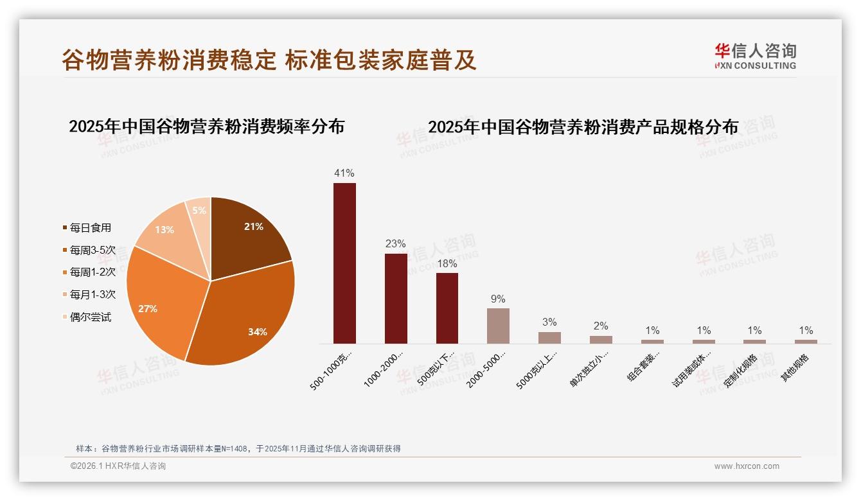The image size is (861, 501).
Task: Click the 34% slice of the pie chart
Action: click(244, 315)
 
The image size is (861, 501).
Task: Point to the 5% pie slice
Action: click(199, 211)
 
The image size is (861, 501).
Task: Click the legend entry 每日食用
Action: click(90, 227)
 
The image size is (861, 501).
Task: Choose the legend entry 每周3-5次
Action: click(93, 250)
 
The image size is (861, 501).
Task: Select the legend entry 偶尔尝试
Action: click(90, 317)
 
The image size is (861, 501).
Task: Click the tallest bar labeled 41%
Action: click(344, 263)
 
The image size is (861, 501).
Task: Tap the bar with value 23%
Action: click(396, 299)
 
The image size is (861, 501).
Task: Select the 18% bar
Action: click(447, 308)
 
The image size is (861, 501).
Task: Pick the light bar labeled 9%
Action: click(498, 326)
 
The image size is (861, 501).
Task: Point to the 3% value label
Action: click(549, 322)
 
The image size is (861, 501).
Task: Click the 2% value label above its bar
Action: click(601, 326)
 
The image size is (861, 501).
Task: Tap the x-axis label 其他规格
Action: click(795, 368)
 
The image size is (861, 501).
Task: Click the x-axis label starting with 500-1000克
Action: click(332, 371)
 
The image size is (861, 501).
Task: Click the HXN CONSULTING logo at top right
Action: click(756, 57)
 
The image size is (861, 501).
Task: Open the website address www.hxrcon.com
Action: click(747, 466)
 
